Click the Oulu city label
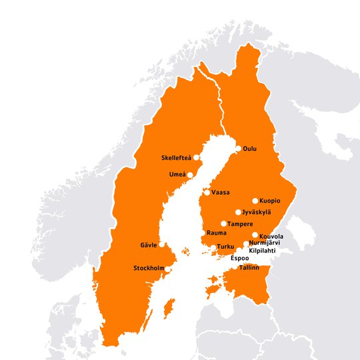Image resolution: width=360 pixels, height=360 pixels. pos(250,149)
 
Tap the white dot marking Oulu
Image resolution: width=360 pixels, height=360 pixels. pos(239,149)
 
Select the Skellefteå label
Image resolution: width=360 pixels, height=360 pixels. pos(177,158)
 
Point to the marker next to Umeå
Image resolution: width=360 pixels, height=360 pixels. pos(190,175)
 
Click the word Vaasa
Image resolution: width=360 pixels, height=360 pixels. pos(221,193)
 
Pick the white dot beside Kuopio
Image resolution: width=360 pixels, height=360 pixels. pos(255,201)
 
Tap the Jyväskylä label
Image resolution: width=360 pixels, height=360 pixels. pos(257,212)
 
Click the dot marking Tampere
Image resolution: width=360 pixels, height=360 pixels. pos(223,224)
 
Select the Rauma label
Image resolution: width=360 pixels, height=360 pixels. pos(216,233)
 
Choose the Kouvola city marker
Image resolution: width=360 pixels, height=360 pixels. pos(255,235)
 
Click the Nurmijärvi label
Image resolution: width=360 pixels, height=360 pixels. pos(264,243)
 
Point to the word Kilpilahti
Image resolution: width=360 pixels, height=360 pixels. pos(262,251)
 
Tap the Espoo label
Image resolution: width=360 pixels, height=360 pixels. pos(239,257)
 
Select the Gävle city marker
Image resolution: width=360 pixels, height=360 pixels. pos(162,245)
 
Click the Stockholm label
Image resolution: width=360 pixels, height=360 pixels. pos(149,269)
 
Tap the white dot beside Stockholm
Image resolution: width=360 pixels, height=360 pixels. pos(168,269)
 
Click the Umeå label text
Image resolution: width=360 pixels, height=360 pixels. pos(177,175)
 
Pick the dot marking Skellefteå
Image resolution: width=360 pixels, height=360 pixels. pos(197,158)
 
